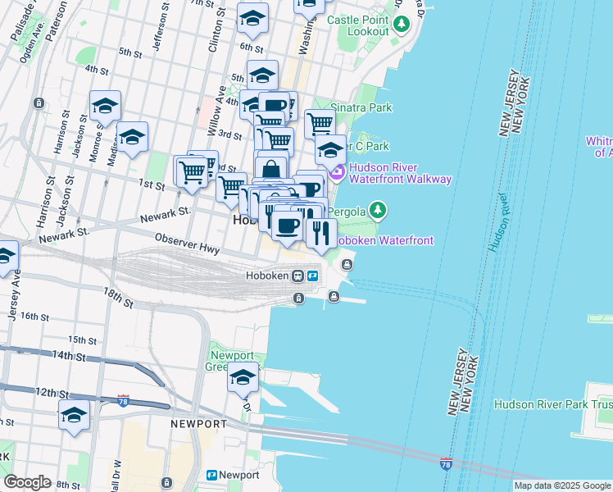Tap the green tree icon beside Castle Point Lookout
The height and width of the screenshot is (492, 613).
click(x=401, y=24)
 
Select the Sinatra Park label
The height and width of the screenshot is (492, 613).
click(x=361, y=107)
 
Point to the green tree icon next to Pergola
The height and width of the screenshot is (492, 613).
click(x=377, y=211)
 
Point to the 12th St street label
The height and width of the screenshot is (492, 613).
click(x=51, y=393)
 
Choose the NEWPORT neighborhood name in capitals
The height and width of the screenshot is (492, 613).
click(x=198, y=424)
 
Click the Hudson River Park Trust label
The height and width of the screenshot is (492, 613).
click(x=552, y=404)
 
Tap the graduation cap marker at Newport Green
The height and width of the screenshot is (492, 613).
click(x=243, y=378)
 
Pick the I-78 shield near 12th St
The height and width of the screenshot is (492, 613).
click(x=123, y=400)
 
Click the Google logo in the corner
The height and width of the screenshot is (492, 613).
click(x=27, y=481)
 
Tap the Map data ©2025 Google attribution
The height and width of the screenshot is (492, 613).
click(x=561, y=485)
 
